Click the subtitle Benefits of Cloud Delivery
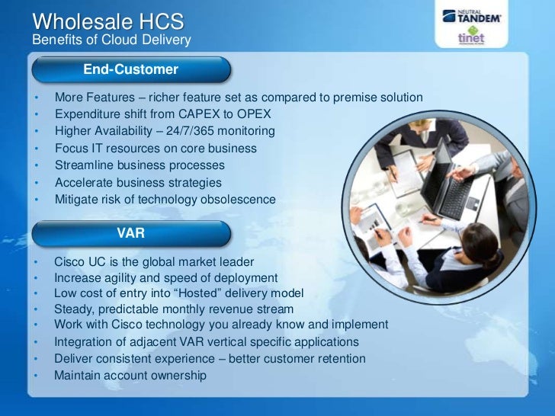point(111,40)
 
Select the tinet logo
point(470,39)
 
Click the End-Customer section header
point(130,70)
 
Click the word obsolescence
point(238,200)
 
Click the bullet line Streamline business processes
point(140,165)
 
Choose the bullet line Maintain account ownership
point(130,375)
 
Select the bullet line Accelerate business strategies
point(138,183)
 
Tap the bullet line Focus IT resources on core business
point(156,149)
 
